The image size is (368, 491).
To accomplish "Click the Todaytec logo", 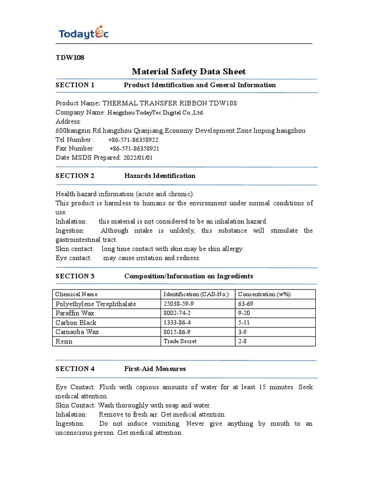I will (x=83, y=33).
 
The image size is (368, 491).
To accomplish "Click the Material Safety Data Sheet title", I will (x=188, y=71).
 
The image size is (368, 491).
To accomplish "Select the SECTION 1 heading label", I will (x=75, y=85).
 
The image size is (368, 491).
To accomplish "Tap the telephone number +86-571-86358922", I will (x=133, y=140).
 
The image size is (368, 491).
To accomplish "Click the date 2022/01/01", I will (x=138, y=158).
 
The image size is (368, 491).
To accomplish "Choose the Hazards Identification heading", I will (x=160, y=176).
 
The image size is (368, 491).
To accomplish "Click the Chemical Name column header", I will (x=76, y=294).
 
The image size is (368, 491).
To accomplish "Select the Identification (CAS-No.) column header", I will (x=196, y=294).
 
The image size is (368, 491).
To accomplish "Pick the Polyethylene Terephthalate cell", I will (x=96, y=304).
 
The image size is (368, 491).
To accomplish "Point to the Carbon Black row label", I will (x=76, y=322).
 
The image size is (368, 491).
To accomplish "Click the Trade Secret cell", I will (x=180, y=341).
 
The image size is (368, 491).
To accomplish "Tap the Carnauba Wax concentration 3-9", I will (x=243, y=331).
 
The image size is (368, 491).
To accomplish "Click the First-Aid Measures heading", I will (x=155, y=369).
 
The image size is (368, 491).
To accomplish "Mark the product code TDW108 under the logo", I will (x=70, y=58).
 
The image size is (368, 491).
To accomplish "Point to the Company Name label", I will (x=80, y=112).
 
